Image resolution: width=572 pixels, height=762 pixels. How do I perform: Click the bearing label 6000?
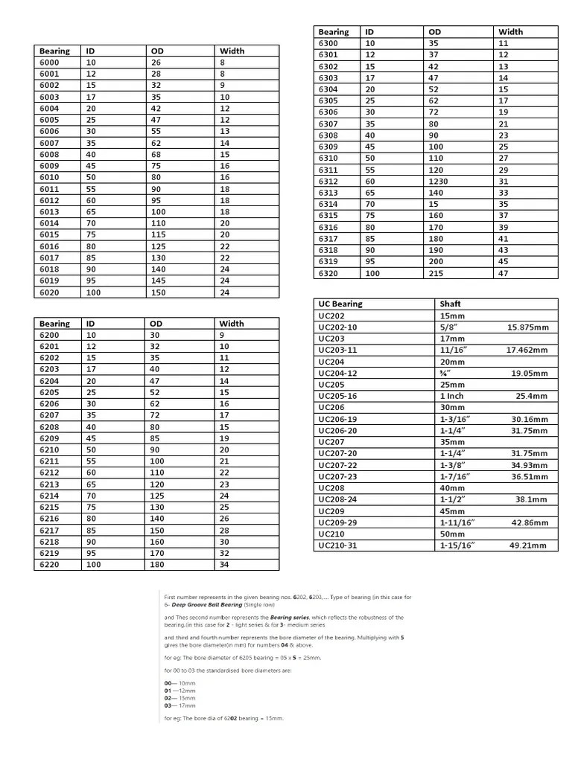(49, 63)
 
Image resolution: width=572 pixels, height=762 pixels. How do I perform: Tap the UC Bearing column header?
(340, 304)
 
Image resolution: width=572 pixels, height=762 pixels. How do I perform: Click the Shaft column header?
(451, 304)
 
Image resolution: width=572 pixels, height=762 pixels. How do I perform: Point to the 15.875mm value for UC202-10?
(528, 327)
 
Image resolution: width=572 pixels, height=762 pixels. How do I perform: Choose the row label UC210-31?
(337, 545)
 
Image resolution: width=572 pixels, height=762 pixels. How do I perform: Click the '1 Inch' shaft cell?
(451, 396)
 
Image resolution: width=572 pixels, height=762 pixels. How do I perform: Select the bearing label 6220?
(49, 565)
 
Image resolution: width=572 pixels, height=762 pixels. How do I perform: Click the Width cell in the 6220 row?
(224, 565)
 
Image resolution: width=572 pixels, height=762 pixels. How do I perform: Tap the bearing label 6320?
(328, 273)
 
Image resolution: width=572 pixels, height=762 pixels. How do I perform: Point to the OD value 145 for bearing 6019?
(158, 281)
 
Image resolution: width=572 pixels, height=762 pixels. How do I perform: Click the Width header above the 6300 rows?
(510, 32)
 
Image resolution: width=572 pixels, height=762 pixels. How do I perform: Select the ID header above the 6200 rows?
(90, 324)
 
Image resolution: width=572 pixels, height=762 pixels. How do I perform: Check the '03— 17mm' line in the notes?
(179, 705)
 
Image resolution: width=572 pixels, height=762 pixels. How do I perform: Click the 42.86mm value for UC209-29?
(529, 522)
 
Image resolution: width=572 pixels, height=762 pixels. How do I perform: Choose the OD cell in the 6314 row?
(433, 204)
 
